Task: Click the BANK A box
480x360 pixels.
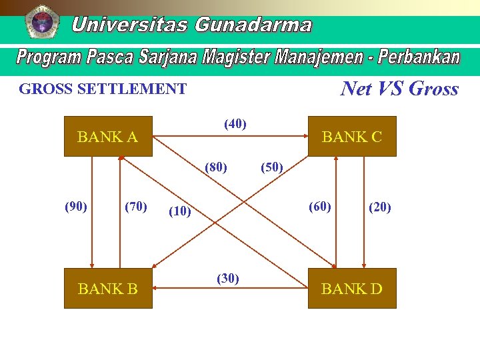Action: [x=108, y=137]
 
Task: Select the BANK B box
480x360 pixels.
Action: [x=108, y=288]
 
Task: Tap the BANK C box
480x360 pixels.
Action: [x=352, y=137]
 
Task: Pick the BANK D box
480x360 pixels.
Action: [x=352, y=288]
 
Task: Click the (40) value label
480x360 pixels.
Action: [x=235, y=123]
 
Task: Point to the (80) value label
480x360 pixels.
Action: [x=216, y=166]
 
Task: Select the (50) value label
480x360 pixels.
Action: [x=271, y=166]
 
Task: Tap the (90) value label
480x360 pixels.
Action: [x=76, y=206]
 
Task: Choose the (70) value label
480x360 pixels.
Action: [x=136, y=206]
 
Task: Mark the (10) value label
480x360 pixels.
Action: [x=180, y=211]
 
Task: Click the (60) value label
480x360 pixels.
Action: [x=319, y=206]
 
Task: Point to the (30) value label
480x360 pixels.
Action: [x=228, y=278]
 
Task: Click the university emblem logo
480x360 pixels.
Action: [x=41, y=21]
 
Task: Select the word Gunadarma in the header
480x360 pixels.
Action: [x=253, y=25]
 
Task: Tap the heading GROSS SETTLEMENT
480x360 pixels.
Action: [x=103, y=89]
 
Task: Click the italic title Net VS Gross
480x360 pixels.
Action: [x=399, y=89]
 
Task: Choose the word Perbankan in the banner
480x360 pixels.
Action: [x=419, y=57]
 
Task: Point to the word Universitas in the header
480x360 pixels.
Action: [x=130, y=25]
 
